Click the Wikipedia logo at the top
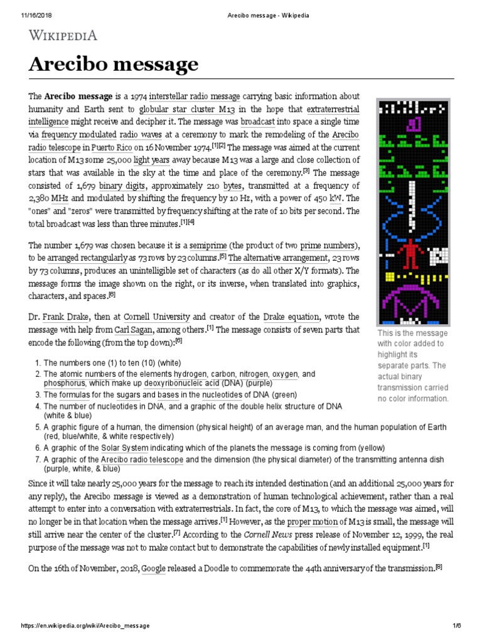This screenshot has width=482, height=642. click(62, 36)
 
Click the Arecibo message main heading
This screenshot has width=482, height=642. click(113, 65)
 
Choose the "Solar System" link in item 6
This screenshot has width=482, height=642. click(125, 448)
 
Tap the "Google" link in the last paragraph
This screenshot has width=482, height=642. click(154, 568)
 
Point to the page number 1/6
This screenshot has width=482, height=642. click(456, 626)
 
